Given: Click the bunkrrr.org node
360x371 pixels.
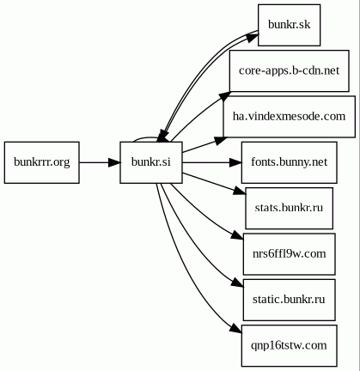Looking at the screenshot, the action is pos(42,162).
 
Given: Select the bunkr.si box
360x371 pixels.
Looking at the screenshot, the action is pos(151,162).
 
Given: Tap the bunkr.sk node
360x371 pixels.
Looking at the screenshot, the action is pos(289,25).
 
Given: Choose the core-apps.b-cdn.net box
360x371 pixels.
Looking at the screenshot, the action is pos(289,70).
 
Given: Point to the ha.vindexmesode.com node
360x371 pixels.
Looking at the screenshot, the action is pos(289,117).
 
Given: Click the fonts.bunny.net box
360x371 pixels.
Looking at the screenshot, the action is pos(289,162).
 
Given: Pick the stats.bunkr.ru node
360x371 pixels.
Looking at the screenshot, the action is pos(289,208).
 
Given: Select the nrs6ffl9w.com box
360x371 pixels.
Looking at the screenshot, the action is pos(289,254).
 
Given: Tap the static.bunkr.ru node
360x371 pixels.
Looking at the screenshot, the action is pos(289,300).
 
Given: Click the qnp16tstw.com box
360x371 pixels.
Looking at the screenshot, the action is pos(289,345).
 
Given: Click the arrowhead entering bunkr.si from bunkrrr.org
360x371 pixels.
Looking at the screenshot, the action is pos(114,162).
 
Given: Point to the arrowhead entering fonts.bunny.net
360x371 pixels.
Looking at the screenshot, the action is pos(236,162).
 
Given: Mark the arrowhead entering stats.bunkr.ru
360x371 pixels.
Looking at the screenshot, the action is pos(240,192).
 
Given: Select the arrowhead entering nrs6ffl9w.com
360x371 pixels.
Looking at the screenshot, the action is pos(237,235).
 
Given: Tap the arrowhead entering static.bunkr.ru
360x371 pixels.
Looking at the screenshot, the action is pos(238,282).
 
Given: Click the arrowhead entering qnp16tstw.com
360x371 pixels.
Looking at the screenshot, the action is pos(236,328).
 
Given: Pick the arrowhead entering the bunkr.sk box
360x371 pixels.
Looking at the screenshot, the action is pos(252,38).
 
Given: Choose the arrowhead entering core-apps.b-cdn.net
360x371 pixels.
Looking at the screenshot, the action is pos(224,97).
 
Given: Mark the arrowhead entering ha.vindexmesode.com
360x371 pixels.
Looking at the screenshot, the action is pos(221,140).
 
